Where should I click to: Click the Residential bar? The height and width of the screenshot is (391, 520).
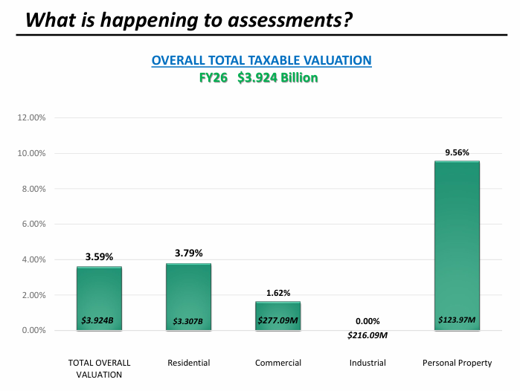[x=189, y=296]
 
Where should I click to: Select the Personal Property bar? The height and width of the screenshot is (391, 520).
[x=457, y=245]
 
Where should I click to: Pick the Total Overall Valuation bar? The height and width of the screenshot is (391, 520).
[x=99, y=297]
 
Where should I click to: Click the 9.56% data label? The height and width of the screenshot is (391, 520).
[x=457, y=152]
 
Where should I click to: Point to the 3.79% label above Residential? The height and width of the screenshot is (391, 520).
[x=189, y=253]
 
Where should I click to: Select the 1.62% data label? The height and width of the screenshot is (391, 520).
[x=278, y=293]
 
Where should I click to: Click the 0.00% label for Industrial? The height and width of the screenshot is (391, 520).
[x=367, y=321]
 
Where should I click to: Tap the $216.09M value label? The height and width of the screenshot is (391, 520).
[x=367, y=335]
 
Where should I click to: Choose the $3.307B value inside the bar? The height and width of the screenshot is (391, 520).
[x=189, y=321]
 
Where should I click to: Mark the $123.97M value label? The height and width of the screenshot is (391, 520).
[x=457, y=321]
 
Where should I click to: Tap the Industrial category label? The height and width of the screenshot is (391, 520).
[x=367, y=363]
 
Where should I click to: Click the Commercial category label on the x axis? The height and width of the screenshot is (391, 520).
[x=278, y=363]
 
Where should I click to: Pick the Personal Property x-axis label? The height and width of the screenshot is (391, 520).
[x=457, y=363]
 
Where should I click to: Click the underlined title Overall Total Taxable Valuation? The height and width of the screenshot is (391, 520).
[x=261, y=60]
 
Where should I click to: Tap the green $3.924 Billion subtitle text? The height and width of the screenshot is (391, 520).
[x=277, y=77]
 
